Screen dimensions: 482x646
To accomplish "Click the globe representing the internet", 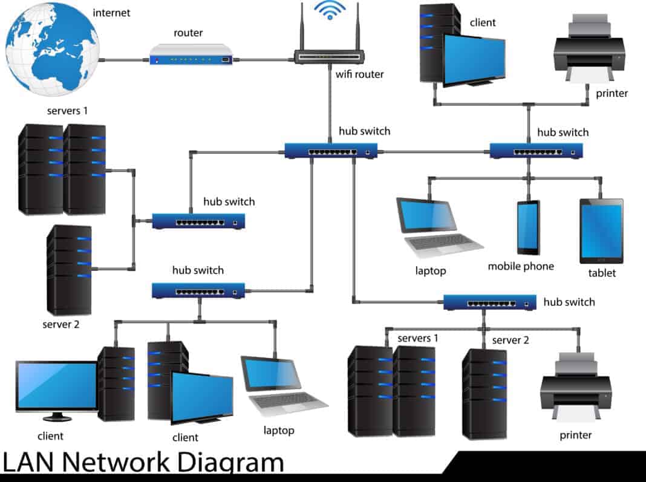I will (51, 48).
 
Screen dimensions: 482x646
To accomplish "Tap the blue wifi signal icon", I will (330, 10).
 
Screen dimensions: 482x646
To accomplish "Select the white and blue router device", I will (191, 55).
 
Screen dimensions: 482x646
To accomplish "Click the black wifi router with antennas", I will (330, 56).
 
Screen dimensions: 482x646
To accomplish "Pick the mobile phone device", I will (527, 227).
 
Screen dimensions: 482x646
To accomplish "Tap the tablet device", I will (601, 230).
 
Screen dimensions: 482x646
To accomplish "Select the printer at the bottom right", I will (575, 387).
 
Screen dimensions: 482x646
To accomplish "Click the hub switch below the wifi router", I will (331, 150).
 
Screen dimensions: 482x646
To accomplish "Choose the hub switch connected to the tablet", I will (536, 150).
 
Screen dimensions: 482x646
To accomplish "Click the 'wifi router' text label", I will (359, 74).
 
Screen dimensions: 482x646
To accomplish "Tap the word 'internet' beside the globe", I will (111, 12).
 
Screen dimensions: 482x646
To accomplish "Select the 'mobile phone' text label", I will (521, 266).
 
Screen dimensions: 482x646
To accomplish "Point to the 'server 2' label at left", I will (60, 324).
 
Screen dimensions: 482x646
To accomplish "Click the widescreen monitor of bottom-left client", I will (56, 387).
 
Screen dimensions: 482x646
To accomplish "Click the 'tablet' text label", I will (602, 273).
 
